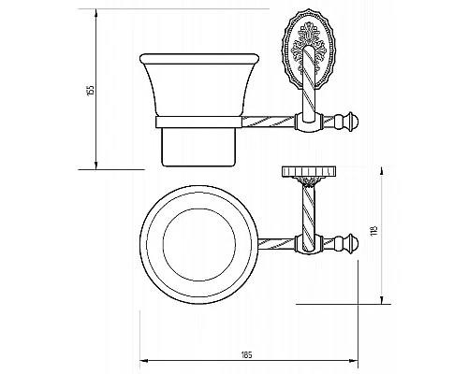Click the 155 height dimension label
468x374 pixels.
pos(91,90)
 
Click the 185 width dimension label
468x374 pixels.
pos(246,354)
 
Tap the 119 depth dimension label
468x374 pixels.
pos(375,230)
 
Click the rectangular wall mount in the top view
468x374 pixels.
pos(309,171)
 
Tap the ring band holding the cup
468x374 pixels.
pos(198,122)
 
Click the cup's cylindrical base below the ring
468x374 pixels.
pos(198,147)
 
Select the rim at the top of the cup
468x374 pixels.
pos(199,59)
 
